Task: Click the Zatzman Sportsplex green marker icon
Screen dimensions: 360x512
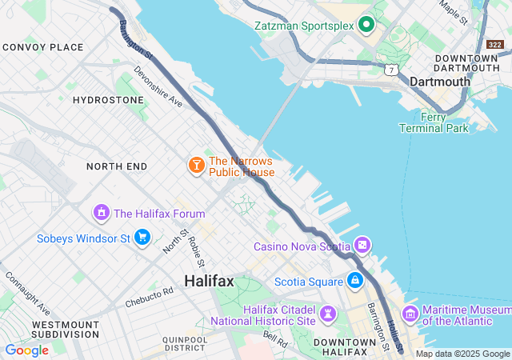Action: pyautogui.click(x=366, y=25)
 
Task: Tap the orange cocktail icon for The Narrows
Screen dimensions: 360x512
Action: pyautogui.click(x=196, y=166)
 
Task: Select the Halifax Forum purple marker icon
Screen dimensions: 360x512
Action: pyautogui.click(x=101, y=213)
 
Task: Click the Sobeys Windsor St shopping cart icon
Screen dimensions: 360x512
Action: pyautogui.click(x=142, y=238)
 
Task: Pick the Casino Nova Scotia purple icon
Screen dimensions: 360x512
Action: pyautogui.click(x=363, y=246)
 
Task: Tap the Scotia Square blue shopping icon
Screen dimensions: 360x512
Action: pyautogui.click(x=354, y=281)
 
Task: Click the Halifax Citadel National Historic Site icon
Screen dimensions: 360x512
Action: pyautogui.click(x=328, y=313)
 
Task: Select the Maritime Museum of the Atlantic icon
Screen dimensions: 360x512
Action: pyautogui.click(x=410, y=313)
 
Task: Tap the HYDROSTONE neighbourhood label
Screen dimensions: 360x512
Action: pyautogui.click(x=108, y=100)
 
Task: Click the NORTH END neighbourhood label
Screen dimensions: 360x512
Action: pyautogui.click(x=117, y=166)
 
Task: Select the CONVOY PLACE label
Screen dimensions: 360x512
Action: pyautogui.click(x=42, y=47)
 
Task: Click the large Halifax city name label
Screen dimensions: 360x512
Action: pyautogui.click(x=209, y=281)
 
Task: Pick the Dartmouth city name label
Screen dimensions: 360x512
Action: pyautogui.click(x=439, y=82)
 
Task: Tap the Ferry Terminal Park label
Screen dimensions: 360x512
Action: pyautogui.click(x=434, y=122)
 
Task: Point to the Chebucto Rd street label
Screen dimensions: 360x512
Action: pyautogui.click(x=149, y=298)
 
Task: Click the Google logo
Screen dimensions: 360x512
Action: pyautogui.click(x=26, y=350)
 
